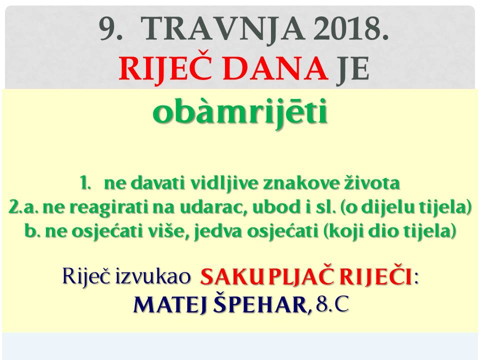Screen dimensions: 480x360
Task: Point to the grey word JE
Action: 352,69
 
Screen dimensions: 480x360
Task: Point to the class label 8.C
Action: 332,304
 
